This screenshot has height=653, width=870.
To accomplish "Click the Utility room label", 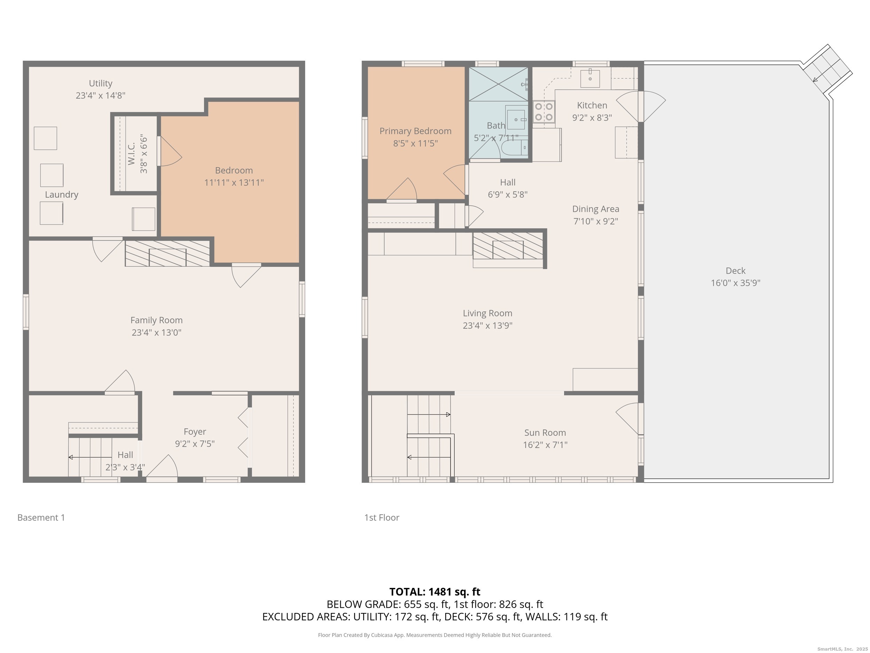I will tap(100, 84).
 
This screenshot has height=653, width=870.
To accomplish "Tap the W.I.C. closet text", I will tap(131, 154).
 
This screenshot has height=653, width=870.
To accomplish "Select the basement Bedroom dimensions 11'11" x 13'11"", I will tap(234, 182).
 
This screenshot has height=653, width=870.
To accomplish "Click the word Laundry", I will tap(61, 194).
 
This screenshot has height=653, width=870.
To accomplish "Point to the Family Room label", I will tap(156, 320).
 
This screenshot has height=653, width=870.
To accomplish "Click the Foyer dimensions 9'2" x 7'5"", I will tap(195, 444).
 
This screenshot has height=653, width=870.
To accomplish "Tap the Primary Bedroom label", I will tap(415, 131).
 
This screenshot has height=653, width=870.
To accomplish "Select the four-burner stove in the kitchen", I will tap(544, 112).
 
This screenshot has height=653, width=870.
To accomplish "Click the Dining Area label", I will tap(595, 209).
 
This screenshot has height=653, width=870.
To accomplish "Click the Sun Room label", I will tap(545, 433).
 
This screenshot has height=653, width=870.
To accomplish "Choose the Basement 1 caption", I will tap(41, 518).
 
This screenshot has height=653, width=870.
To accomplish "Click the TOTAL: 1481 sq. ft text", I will tap(435, 592).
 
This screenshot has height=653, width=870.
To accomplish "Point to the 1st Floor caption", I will tap(381, 518).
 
